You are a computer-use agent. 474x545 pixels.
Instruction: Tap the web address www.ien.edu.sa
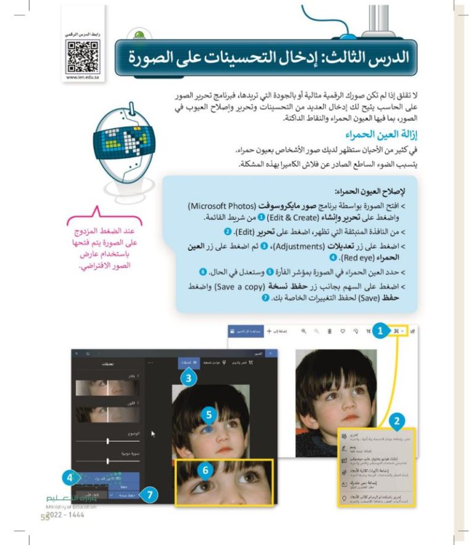pos(81,77)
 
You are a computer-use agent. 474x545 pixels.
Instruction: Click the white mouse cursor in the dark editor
pos(152,434)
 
